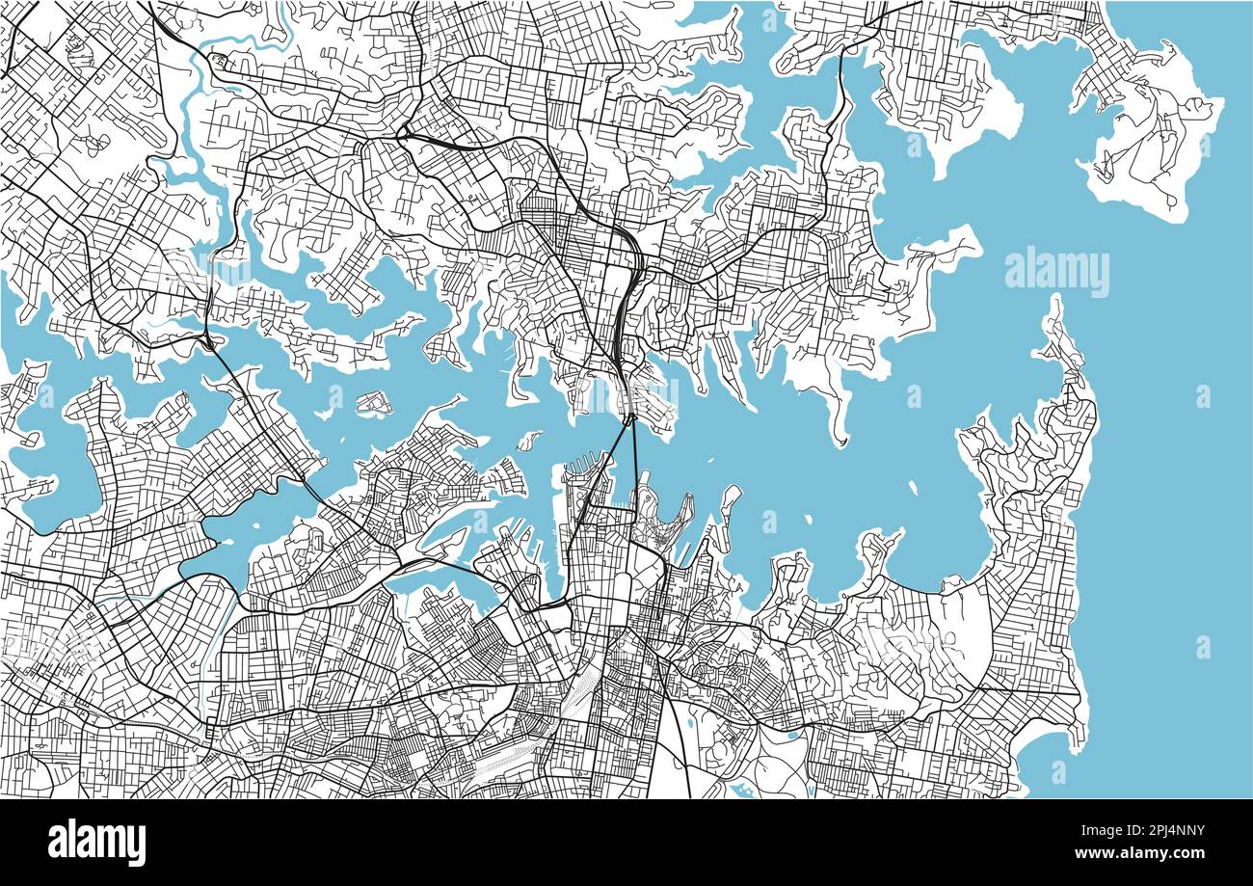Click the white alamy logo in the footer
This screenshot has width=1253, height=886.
[x=97, y=842]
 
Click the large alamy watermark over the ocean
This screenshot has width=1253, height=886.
[x=1056, y=273]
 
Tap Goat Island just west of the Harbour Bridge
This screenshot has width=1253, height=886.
[x=528, y=441]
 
